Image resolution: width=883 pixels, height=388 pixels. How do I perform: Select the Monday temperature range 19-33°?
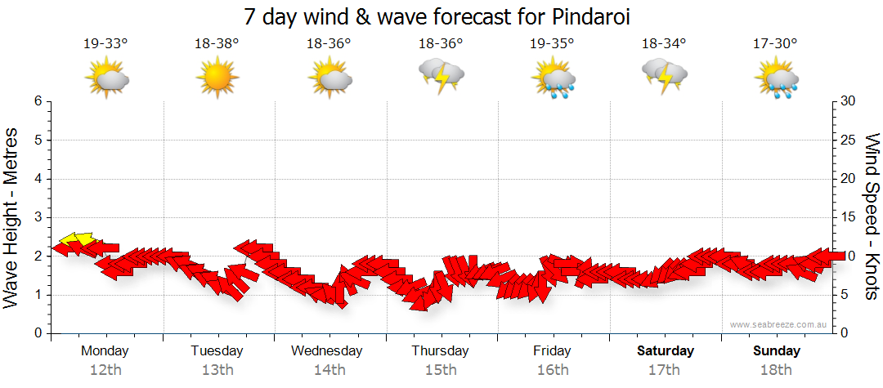(x=105, y=43)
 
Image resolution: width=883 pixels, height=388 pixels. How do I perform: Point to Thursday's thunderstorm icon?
(x=441, y=76)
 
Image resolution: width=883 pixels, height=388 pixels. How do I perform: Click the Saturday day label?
(x=665, y=351)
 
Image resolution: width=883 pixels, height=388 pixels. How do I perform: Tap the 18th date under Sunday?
(x=776, y=370)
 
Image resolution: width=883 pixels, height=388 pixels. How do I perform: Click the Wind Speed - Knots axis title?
(x=871, y=216)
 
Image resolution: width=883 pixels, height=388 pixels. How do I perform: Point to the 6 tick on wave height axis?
(x=38, y=101)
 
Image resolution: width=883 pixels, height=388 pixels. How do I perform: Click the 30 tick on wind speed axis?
(x=849, y=101)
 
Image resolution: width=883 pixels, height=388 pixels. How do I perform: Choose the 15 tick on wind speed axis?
(x=849, y=217)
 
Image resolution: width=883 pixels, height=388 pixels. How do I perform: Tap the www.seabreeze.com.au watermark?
(x=780, y=325)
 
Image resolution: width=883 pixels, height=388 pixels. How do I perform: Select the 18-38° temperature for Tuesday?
(x=217, y=43)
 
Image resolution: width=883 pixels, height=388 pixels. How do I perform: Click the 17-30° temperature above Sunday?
(x=775, y=43)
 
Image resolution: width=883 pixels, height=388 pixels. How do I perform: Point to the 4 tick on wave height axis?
(x=38, y=179)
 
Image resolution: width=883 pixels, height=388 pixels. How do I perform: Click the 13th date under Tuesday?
(x=217, y=370)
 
